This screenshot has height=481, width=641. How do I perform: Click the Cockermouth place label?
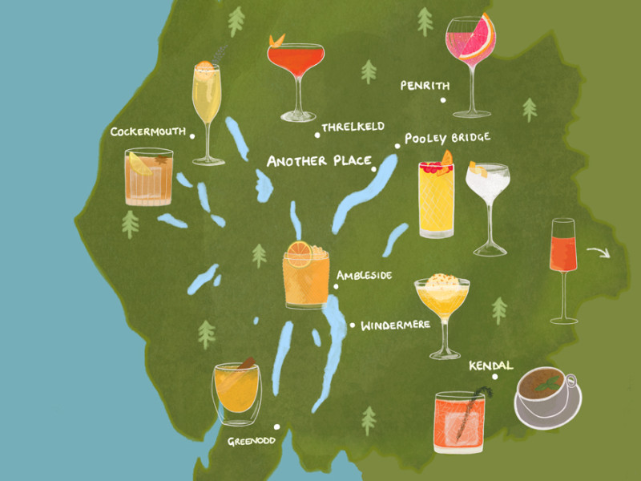pyautogui.click(x=148, y=131)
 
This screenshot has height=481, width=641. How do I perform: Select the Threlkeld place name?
pyautogui.click(x=353, y=127)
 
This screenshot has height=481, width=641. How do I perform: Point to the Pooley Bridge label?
pyautogui.click(x=445, y=139)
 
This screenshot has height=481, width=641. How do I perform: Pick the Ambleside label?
pyautogui.click(x=364, y=275)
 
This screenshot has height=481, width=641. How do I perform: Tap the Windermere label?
pyautogui.click(x=395, y=325)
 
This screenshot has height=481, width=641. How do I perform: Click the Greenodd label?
pyautogui.click(x=248, y=440)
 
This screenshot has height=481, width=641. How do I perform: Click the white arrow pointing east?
pyautogui.click(x=597, y=254)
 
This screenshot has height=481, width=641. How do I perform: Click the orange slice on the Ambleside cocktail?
pyautogui.click(x=299, y=254)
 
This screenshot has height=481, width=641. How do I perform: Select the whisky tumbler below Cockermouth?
pyautogui.click(x=148, y=177)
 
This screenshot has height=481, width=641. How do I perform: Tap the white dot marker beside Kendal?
pyautogui.click(x=495, y=377)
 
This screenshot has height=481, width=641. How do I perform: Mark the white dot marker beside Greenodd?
pyautogui.click(x=276, y=427)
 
